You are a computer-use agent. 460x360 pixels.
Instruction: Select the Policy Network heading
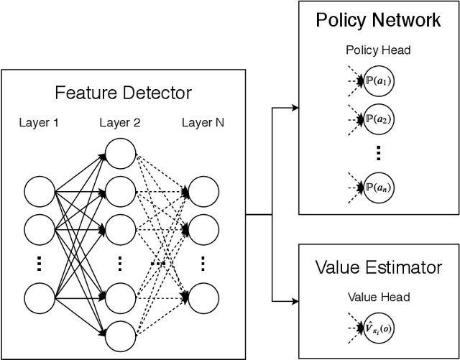pos(379,19)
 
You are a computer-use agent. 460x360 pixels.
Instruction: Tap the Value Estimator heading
pos(379,268)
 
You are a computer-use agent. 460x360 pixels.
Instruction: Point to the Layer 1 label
pos(40,122)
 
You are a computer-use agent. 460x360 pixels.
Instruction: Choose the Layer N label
pos(203,122)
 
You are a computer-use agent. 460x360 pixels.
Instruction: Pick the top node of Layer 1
pos(40,192)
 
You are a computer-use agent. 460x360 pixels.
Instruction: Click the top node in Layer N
pos(203,192)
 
